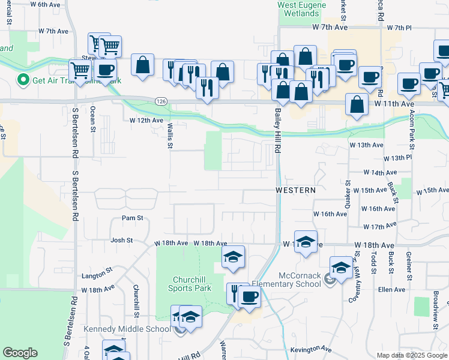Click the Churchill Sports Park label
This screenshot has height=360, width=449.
[x=192, y=284]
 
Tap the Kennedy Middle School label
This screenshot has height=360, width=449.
[x=127, y=329]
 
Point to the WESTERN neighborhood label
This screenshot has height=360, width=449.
[x=295, y=190]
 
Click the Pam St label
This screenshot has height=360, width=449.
[x=133, y=218]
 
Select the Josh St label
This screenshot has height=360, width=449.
[x=121, y=240]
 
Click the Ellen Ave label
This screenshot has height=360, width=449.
[x=391, y=290]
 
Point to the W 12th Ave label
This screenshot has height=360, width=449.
[x=146, y=120]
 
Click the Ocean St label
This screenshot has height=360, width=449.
[x=92, y=117]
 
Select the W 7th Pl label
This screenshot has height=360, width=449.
[x=399, y=28]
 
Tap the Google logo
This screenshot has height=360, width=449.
[x=19, y=353]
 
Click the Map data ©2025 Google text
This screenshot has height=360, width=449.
[x=411, y=355]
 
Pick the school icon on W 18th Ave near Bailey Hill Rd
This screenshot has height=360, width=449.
[x=306, y=241]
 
